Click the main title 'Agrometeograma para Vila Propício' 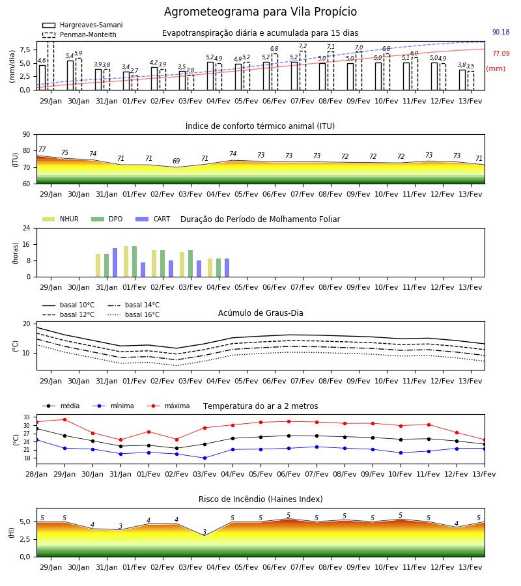pos(260,12)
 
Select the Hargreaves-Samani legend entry pos(82,25)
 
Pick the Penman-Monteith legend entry pos(79,35)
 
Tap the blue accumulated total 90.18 pos(501,32)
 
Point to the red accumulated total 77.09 pos(501,53)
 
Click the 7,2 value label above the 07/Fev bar pos(303,46)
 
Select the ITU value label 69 pos(176,161)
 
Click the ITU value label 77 pos(42,150)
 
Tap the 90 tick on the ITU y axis pos(27,135)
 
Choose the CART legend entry pos(153,219)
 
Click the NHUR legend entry pos(61,219)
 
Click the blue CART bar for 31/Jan pos(115,262)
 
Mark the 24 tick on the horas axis pos(27,228)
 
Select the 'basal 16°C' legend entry pos(134,314)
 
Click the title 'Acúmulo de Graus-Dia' pos(260,313)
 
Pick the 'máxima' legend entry pos(168,406)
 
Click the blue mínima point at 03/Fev pos(204,458)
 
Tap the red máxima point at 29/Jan pos(64,420)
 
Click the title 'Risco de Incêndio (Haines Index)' pos(260,499)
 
